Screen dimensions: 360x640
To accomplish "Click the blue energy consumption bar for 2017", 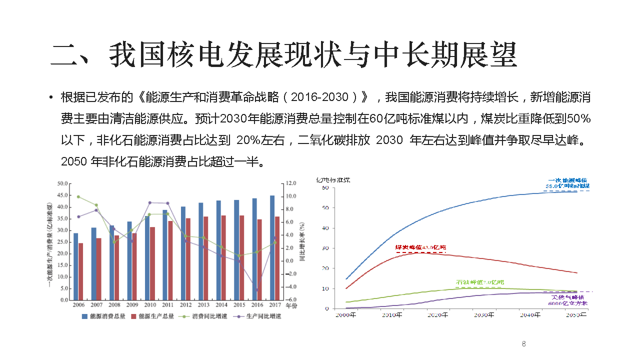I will click(x=272, y=247).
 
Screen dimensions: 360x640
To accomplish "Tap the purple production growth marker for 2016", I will click(x=257, y=290).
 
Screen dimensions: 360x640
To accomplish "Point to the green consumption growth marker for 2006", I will click(x=78, y=197).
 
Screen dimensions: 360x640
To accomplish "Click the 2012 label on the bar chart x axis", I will click(x=186, y=304).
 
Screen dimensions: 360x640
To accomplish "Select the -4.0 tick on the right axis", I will click(x=291, y=287).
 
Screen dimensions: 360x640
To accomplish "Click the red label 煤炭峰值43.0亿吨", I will click(x=420, y=247).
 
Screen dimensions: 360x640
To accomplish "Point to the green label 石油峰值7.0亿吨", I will click(x=479, y=282).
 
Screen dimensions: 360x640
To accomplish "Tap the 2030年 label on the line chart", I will click(x=484, y=315).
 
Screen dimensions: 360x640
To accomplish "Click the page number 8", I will click(x=523, y=344).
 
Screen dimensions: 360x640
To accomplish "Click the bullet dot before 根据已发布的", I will click(x=51, y=97).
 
